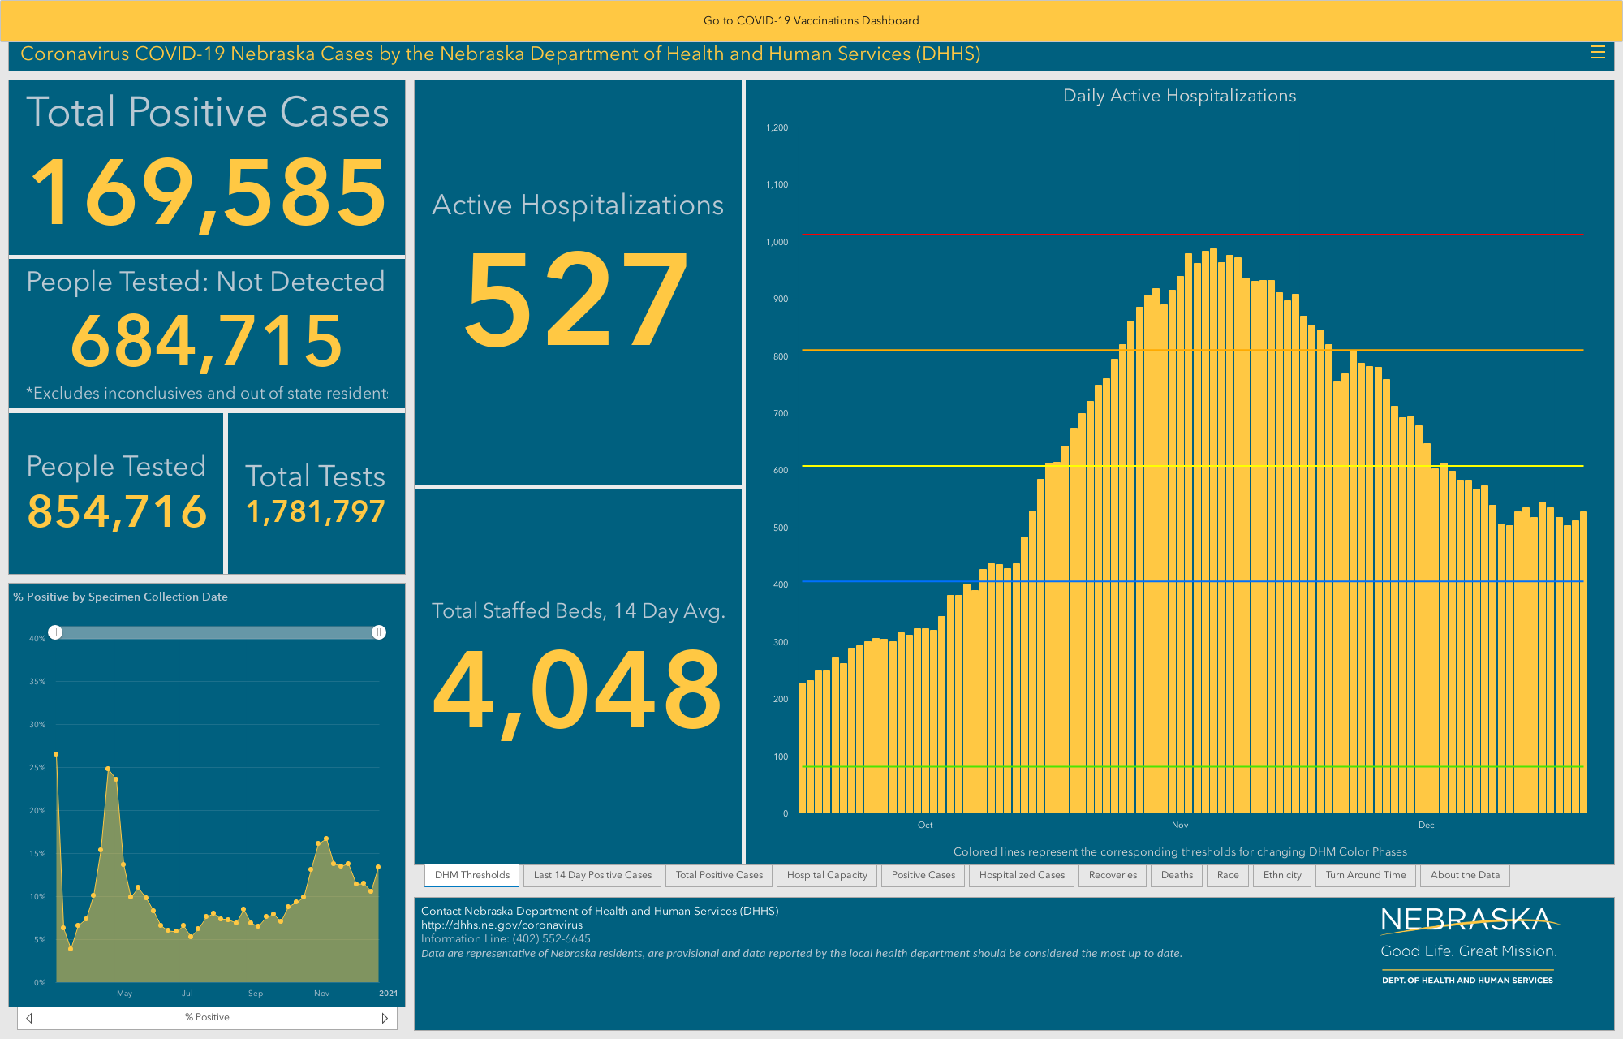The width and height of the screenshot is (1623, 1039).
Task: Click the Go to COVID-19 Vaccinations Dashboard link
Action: pos(811,20)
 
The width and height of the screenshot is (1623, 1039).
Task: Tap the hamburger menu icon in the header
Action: pos(1597,53)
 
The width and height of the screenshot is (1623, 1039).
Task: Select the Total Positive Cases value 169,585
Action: pos(208,192)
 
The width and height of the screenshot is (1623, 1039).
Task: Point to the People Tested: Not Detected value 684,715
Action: pos(207,341)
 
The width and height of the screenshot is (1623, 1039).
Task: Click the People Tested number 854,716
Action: pos(117,511)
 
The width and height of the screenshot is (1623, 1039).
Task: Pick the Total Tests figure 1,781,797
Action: pos(316,512)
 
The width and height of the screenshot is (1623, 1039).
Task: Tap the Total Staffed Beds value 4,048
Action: pos(577,690)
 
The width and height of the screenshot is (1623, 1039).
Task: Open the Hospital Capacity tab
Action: pos(827,875)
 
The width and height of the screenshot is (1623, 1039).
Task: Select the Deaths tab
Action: pos(1177,875)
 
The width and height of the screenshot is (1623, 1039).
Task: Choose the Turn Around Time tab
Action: pos(1366,875)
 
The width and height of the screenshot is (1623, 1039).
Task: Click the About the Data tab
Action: pos(1465,875)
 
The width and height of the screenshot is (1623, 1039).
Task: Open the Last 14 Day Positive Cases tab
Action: pos(592,875)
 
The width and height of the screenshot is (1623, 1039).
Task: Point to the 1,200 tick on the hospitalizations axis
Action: pos(777,127)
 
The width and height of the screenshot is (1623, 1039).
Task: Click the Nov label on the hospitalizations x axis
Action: pos(1180,825)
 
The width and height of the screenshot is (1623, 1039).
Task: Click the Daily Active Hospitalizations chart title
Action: pos(1179,96)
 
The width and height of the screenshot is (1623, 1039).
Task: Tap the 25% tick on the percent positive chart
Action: pos(37,767)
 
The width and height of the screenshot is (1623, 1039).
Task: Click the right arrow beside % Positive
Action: pos(385,1018)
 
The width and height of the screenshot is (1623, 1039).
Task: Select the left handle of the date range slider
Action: pos(55,632)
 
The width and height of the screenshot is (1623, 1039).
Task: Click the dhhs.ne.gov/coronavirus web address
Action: pos(502,925)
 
